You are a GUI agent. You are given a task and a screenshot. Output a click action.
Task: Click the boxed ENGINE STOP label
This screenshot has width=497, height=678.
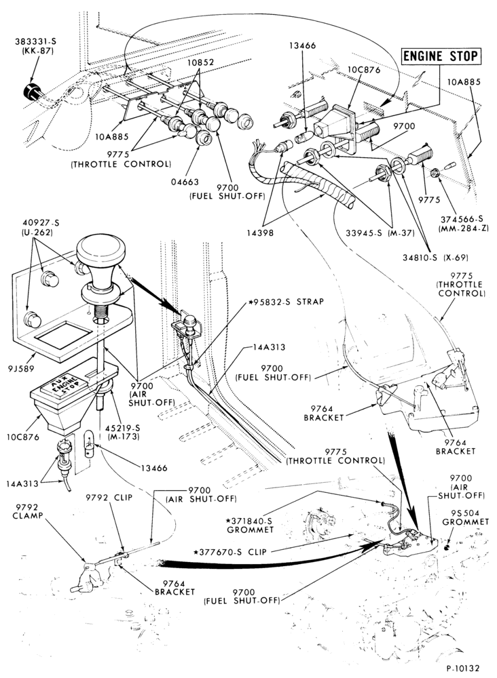[441, 56]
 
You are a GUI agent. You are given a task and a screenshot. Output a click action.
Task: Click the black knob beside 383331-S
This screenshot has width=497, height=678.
[31, 92]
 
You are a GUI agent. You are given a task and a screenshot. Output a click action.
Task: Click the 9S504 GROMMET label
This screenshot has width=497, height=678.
[465, 517]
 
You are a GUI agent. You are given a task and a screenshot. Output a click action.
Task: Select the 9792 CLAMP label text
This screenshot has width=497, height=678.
[27, 511]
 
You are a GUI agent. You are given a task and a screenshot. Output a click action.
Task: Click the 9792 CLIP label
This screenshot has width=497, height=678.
[109, 497]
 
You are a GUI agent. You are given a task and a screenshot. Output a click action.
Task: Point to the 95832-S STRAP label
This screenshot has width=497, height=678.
[286, 302]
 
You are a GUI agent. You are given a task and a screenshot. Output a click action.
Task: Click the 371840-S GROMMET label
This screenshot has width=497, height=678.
[249, 524]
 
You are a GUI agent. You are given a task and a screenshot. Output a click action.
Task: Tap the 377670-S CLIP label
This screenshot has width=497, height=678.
[230, 552]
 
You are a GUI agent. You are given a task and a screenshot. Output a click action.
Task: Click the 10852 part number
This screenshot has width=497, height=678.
[200, 62]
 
